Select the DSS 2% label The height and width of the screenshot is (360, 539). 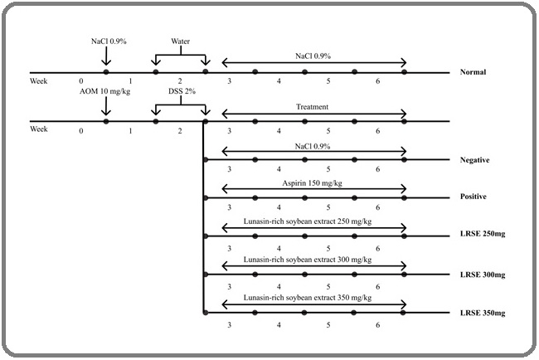point(180,90)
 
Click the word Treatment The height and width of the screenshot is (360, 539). point(313,107)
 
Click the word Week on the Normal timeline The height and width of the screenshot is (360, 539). point(38,80)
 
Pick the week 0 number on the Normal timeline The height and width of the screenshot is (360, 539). point(81,80)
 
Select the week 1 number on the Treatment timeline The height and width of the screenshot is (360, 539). point(130,130)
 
